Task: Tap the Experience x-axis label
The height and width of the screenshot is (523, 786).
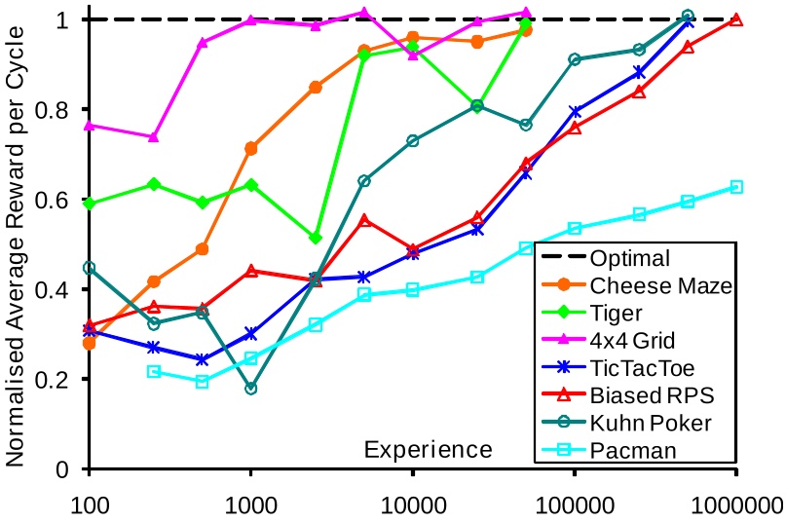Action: pos(428,450)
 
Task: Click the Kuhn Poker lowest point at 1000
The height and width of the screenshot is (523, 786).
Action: pos(251,388)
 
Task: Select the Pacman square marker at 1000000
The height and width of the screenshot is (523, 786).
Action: pos(736,187)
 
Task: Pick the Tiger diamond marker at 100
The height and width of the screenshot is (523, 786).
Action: pos(90,204)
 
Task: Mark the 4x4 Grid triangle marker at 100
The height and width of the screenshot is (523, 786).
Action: pos(90,125)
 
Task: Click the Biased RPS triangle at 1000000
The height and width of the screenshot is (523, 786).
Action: pos(736,20)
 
